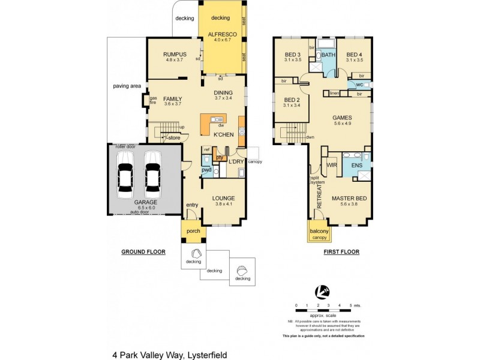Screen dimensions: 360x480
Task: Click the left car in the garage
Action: tap(125, 174)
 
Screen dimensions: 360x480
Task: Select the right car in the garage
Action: tap(153, 174)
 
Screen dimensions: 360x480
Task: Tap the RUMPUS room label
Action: tap(175, 54)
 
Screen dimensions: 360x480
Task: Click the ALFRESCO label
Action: tap(223, 35)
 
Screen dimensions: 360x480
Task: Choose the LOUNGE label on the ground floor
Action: tap(223, 198)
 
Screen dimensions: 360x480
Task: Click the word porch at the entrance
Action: tap(193, 232)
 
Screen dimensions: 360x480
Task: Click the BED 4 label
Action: tap(355, 54)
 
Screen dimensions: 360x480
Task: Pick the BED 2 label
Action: tap(292, 100)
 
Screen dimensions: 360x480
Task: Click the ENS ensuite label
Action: tap(356, 164)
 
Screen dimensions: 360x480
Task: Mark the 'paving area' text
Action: tap(127, 86)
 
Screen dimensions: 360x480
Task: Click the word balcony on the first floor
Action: tap(319, 231)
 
